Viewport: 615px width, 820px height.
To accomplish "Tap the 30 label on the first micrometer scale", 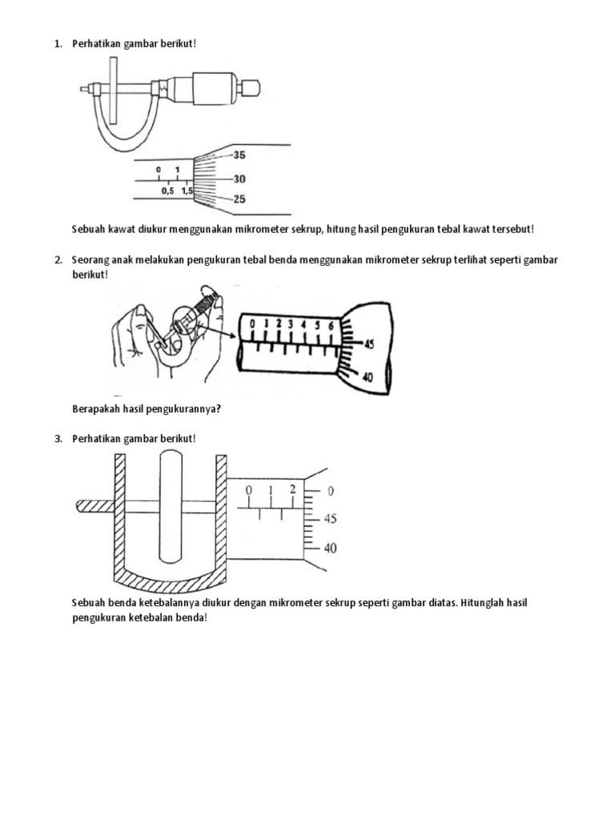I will coord(239,179).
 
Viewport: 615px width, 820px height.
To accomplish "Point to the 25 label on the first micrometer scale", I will coord(239,199).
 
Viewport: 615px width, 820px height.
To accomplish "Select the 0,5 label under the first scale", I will coord(167,191).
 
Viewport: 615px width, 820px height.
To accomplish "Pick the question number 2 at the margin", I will coord(58,260).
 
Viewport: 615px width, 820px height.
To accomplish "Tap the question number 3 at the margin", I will coord(58,439).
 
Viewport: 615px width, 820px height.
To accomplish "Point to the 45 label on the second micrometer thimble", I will coord(368,344).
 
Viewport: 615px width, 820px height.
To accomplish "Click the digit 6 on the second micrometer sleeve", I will coord(329,326).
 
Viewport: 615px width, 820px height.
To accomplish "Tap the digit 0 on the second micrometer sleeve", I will coord(252,324).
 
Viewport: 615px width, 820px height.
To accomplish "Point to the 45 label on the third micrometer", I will coord(330,519).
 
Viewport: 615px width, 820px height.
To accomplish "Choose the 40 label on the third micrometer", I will coord(330,549).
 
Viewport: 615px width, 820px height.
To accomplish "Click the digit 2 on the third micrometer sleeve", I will coord(292,489).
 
